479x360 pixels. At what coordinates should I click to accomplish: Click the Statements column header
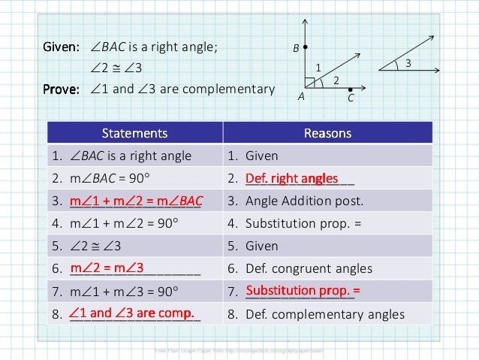135,133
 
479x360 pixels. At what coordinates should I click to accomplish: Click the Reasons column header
327,133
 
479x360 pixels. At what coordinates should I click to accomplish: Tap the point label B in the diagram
296,48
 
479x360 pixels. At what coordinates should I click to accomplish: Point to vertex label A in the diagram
300,96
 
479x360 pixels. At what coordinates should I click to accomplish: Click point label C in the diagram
351,98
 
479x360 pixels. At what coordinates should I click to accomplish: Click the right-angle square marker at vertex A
309,81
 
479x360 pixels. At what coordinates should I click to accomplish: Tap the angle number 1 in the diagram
318,68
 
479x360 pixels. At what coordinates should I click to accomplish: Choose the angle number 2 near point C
336,80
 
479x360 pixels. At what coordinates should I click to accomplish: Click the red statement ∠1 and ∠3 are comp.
131,313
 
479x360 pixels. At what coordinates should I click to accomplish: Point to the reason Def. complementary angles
315,314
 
